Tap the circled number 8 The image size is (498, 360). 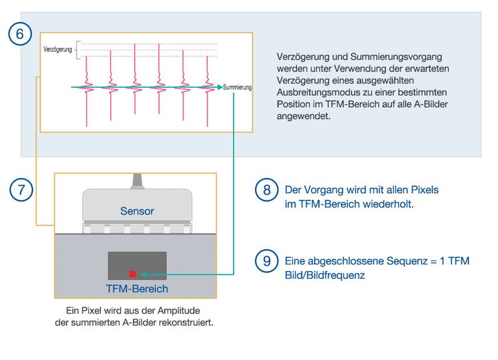coord(266,190)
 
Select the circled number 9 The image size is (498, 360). coord(266,261)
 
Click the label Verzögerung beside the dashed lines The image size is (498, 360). coord(57,50)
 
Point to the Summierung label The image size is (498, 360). coord(238,87)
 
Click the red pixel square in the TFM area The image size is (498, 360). coord(133,274)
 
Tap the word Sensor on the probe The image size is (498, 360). coord(137,211)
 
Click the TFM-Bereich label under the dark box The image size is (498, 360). coord(137,289)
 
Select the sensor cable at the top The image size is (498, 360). coord(137,181)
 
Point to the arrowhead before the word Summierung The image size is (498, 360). coord(219,87)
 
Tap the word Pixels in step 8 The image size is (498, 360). coord(424,190)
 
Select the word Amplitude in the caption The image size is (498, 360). coord(180,311)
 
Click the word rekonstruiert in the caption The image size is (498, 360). coord(189,323)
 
